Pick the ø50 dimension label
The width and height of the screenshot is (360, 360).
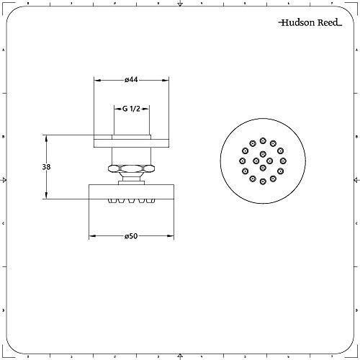131,235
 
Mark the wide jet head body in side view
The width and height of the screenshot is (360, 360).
131,192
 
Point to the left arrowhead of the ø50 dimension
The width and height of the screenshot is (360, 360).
91,235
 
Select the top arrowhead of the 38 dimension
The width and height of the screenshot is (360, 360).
48,137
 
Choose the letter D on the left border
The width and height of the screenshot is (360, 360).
4,310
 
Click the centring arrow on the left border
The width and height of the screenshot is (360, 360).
4,179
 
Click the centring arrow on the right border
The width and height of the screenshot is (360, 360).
356,179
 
